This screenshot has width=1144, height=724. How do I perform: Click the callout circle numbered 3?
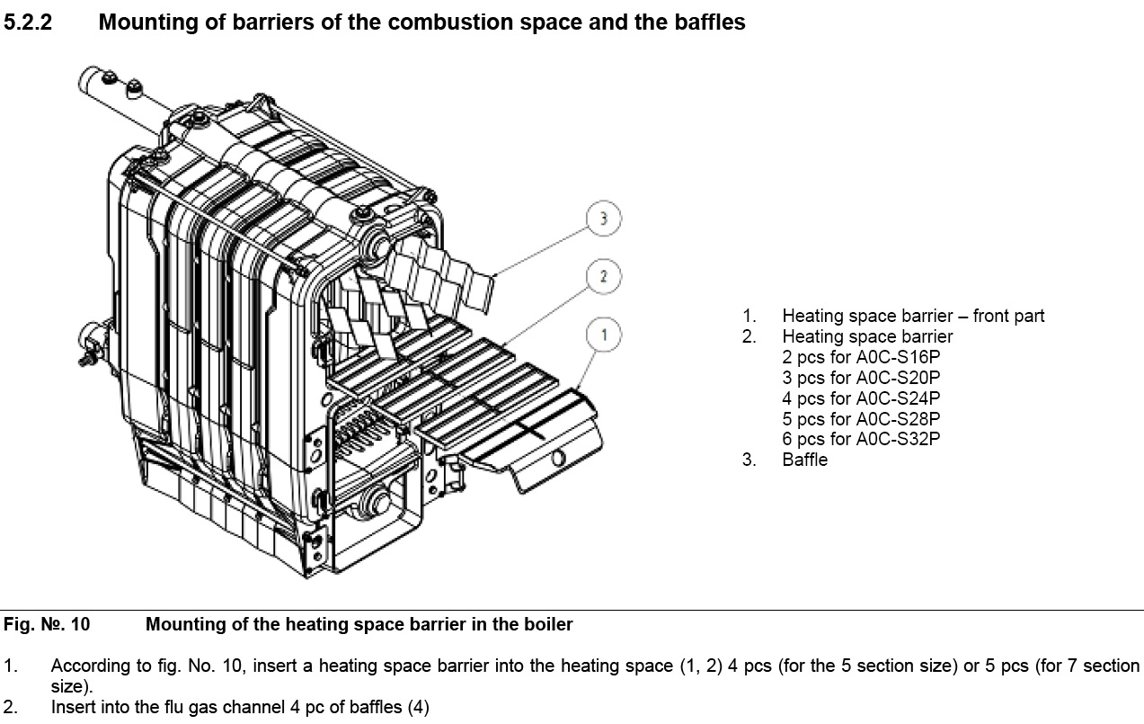604,219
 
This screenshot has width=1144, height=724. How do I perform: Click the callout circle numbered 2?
604,276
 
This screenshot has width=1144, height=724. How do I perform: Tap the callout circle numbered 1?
604,335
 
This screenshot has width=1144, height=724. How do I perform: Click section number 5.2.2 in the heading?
29,22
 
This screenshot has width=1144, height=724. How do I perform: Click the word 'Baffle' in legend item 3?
804,460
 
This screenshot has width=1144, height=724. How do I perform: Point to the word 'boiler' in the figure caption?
549,624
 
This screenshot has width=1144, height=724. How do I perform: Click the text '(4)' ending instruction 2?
418,708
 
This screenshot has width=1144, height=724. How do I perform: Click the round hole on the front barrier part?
558,459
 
